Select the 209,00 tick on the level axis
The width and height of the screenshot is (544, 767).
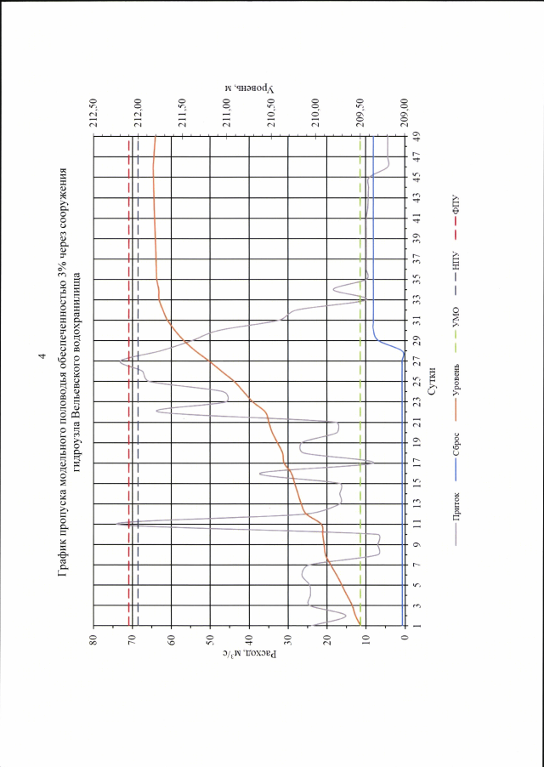(x=403, y=113)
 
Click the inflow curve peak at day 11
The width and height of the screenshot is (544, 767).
(x=116, y=524)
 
